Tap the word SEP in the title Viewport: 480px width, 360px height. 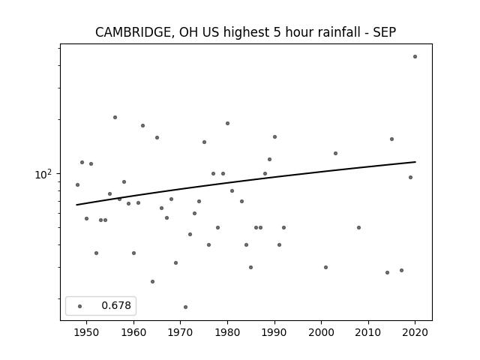(385, 32)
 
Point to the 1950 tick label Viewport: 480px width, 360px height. (87, 332)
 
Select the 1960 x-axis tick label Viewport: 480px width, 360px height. (133, 332)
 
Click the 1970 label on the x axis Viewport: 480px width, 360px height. (181, 332)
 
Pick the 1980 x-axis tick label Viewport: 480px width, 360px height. (227, 332)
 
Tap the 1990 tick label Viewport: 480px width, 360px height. (274, 332)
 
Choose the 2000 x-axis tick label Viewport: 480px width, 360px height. (322, 332)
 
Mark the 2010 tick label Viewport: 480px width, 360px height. (368, 332)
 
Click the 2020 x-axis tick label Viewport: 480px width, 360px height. (415, 332)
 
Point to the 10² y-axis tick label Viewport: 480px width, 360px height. (43, 174)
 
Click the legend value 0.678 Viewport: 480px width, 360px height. (116, 305)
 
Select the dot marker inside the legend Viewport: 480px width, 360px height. (80, 306)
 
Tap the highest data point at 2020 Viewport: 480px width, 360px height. (415, 57)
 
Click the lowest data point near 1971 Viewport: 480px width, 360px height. (185, 307)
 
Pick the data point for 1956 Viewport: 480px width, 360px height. (115, 117)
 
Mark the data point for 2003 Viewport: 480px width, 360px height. (335, 153)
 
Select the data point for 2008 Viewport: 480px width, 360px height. (358, 227)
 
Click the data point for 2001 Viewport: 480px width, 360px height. (325, 267)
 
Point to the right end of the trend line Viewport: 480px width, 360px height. (415, 162)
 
